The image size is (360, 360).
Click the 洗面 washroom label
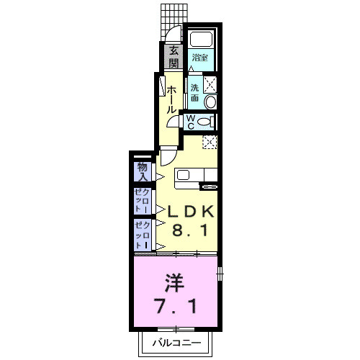[195, 94]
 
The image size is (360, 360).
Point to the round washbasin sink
[210, 101]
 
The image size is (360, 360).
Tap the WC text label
[190, 122]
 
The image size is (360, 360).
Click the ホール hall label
[172, 99]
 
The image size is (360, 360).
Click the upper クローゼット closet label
[141, 200]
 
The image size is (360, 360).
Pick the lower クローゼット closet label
[141, 235]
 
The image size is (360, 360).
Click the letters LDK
[191, 212]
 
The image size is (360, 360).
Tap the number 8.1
[191, 232]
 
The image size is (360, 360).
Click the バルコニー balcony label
[175, 343]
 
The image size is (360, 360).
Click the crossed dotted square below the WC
[210, 141]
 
